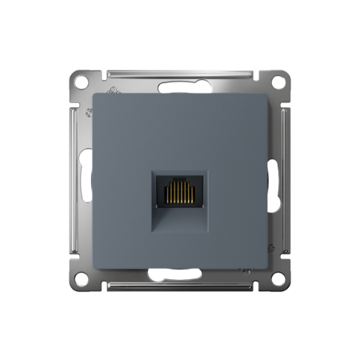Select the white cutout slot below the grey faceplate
(180, 276)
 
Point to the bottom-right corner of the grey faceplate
(264, 264)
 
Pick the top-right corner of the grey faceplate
(264, 95)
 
